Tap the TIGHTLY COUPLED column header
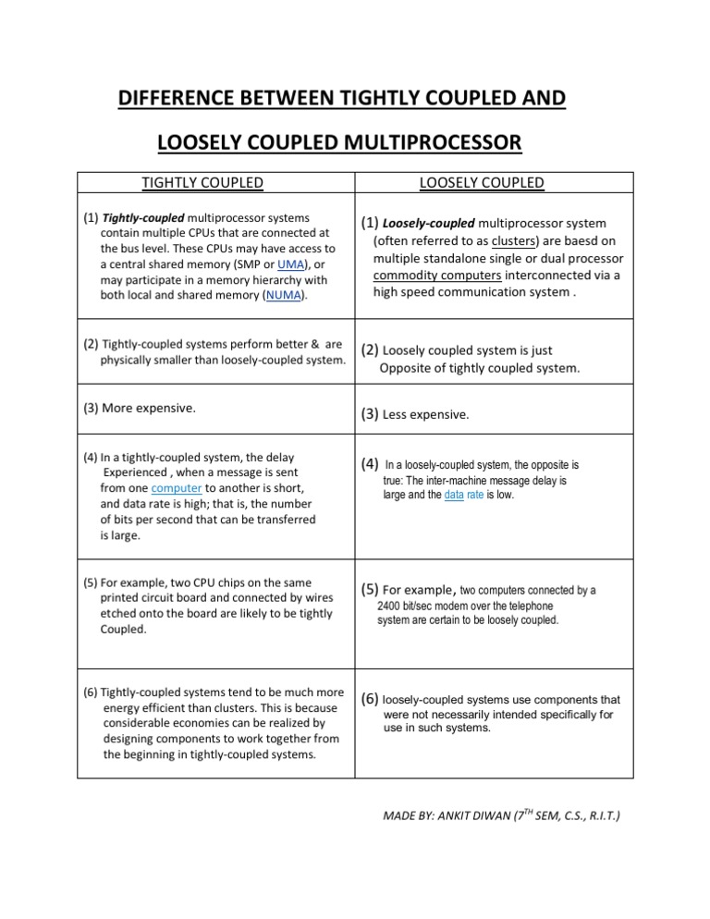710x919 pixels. [x=202, y=183]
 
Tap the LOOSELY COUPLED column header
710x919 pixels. [x=482, y=183]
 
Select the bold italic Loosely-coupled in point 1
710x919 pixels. [x=428, y=224]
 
